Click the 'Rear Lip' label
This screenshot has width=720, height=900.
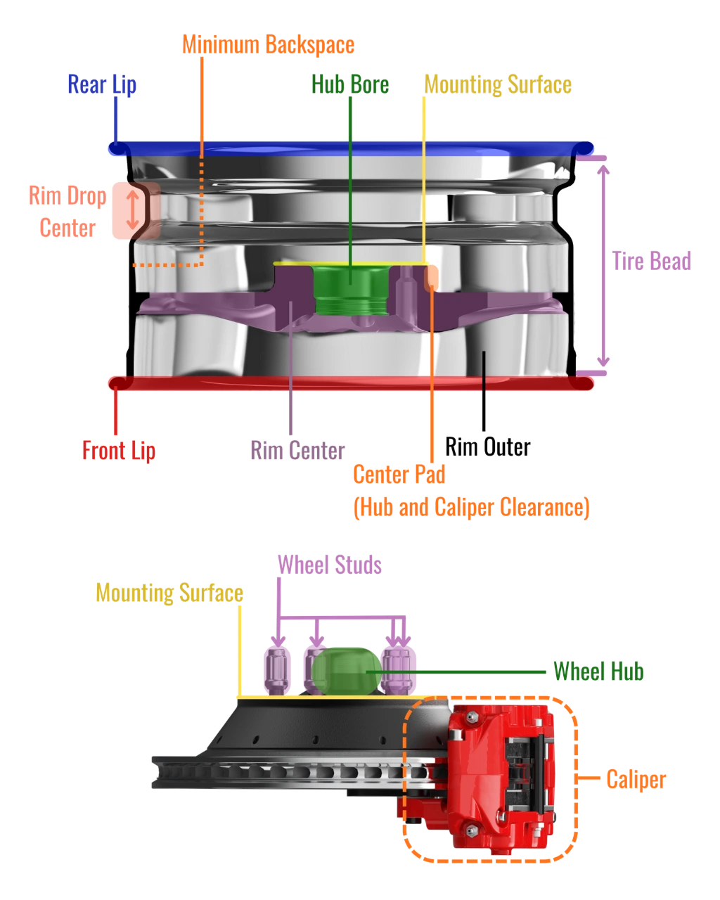(102, 85)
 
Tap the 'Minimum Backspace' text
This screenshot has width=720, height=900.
(268, 45)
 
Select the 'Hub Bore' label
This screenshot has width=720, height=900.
(350, 84)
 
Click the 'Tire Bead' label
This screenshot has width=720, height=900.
(651, 261)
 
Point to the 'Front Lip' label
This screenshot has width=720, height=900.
(119, 451)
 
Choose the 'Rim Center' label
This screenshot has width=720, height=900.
(297, 451)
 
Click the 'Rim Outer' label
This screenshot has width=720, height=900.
(488, 447)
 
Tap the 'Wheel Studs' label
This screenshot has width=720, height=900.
(330, 565)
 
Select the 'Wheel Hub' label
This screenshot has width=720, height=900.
(598, 671)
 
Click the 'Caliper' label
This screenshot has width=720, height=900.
(636, 780)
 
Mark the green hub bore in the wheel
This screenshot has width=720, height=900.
(351, 289)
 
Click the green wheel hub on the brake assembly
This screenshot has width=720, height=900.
(347, 671)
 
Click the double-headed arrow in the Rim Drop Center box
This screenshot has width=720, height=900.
(133, 210)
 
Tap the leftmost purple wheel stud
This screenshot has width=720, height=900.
(277, 670)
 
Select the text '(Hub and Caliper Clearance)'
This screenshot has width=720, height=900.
(472, 508)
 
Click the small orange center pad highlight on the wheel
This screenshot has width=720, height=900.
(431, 278)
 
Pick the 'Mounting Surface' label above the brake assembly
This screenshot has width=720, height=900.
(169, 593)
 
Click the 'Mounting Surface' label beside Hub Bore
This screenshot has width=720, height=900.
(498, 85)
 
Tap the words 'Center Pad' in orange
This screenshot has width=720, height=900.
(399, 475)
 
